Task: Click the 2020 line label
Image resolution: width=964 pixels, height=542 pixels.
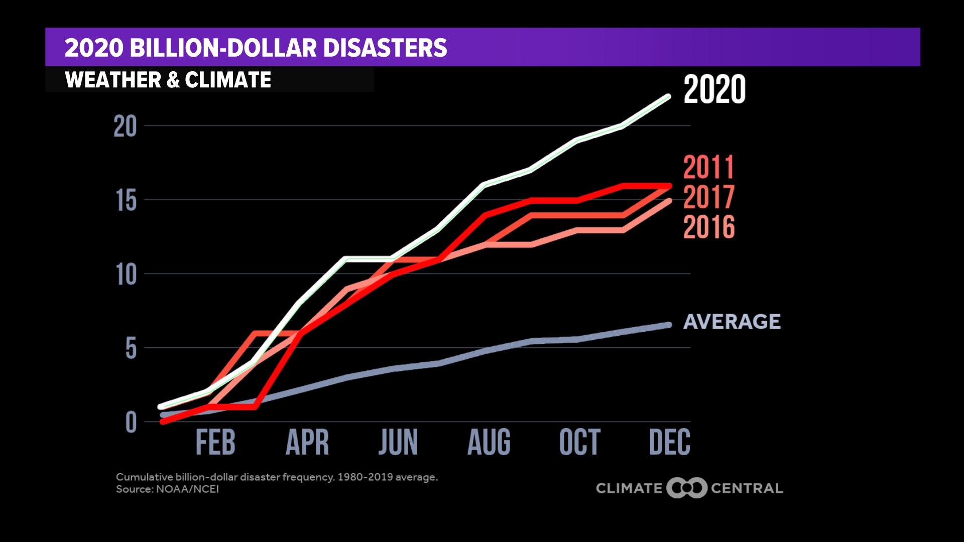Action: (x=714, y=90)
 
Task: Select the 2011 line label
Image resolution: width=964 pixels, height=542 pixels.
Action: (x=708, y=168)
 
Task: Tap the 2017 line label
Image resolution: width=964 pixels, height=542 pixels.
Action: (x=708, y=197)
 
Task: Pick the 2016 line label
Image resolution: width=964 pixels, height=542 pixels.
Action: (x=708, y=227)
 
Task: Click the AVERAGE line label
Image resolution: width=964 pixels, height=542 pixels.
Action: (x=732, y=322)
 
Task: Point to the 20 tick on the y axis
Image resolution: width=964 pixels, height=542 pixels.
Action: (x=125, y=126)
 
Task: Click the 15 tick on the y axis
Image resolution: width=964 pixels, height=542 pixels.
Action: (x=126, y=201)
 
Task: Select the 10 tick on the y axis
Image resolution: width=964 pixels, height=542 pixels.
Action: (x=126, y=275)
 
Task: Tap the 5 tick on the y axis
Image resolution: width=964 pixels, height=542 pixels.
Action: (x=131, y=348)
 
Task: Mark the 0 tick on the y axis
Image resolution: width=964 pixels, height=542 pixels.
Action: (x=131, y=422)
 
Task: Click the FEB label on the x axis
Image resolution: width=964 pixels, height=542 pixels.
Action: (x=215, y=443)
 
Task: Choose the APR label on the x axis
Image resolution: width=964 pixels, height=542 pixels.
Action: (x=307, y=443)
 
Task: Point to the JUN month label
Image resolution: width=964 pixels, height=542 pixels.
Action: (x=398, y=443)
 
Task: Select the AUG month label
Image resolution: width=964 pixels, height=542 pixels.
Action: (x=489, y=443)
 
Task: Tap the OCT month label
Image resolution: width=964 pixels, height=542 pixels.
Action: (x=579, y=443)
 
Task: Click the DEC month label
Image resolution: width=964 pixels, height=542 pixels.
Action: (x=669, y=443)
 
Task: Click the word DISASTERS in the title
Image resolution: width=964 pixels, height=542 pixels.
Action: (x=385, y=48)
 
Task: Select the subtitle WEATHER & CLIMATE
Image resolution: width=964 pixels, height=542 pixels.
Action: (x=168, y=80)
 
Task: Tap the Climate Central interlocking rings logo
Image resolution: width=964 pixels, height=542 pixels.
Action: (x=687, y=488)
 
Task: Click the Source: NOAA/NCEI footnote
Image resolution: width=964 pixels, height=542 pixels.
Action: (x=167, y=489)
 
